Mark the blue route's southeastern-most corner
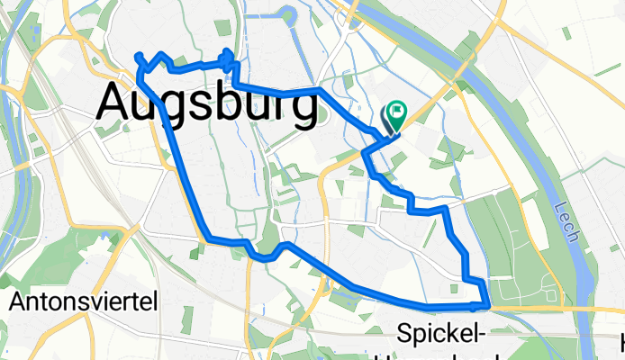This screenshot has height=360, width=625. tap(488, 307)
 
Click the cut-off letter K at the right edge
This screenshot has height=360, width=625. tap(621, 342)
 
